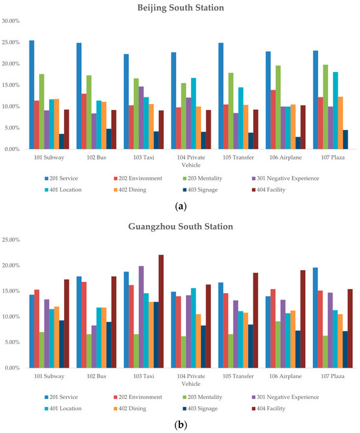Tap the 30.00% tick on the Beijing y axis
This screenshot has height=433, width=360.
[x=11, y=21]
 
